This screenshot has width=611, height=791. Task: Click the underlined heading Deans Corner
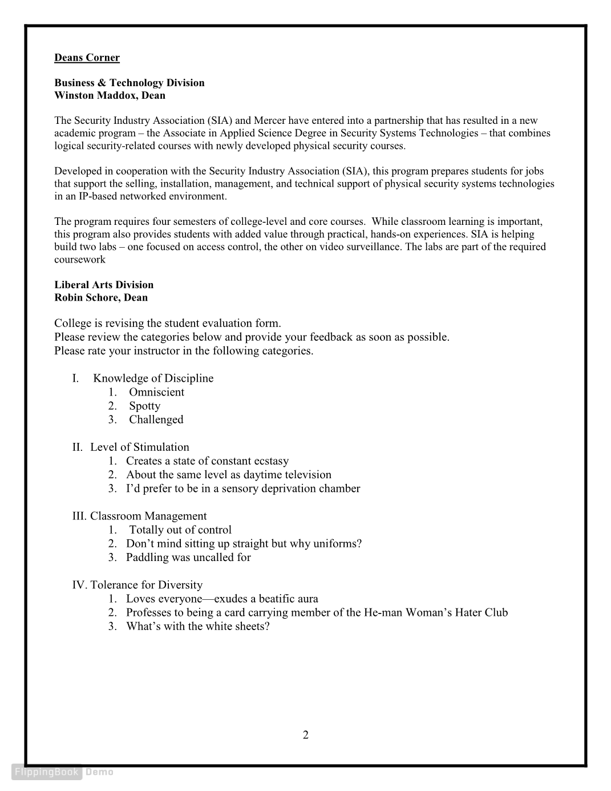click(x=87, y=58)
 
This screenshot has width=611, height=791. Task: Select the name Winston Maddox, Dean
click(x=110, y=95)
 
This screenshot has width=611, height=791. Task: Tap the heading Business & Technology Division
click(x=129, y=83)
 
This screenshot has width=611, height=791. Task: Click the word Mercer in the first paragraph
click(x=269, y=120)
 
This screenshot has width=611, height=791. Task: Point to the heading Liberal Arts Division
click(x=104, y=285)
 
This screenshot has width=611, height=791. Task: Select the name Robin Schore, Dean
click(x=101, y=297)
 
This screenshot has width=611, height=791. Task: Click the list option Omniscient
click(x=156, y=392)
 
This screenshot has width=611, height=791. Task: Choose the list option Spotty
click(x=144, y=406)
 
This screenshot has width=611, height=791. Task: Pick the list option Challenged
click(x=156, y=419)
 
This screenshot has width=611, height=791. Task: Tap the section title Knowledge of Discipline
click(x=153, y=378)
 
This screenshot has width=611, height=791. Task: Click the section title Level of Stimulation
click(x=139, y=447)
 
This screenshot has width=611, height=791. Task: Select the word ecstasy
click(x=270, y=461)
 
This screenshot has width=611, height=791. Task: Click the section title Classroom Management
click(x=148, y=516)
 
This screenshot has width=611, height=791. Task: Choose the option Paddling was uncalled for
click(x=188, y=557)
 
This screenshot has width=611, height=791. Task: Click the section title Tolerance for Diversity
click(x=146, y=585)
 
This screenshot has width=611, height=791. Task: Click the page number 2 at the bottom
click(x=306, y=735)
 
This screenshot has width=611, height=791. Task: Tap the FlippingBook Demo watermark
click(x=63, y=772)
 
